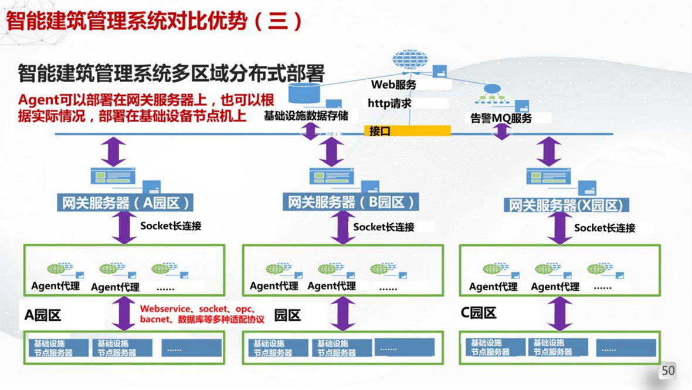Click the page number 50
668,371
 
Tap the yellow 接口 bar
407,131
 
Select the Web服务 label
394,85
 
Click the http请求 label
389,103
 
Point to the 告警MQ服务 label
501,118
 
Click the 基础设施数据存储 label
306,116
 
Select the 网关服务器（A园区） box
126,203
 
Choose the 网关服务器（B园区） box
351,203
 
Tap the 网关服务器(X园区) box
566,205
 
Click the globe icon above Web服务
409,60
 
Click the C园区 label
479,313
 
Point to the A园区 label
43,315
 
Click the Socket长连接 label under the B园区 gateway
384,227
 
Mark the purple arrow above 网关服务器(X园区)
549,152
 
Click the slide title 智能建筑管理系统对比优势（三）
155,21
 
